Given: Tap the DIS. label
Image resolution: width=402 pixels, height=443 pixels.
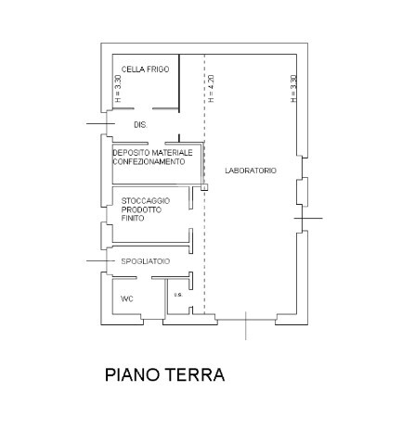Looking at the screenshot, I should [140, 124].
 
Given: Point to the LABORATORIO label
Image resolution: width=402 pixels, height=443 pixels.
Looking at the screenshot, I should [251, 171].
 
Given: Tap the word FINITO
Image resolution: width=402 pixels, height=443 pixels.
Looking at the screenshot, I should [132, 219].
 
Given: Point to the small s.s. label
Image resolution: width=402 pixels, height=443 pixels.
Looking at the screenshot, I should [177, 295].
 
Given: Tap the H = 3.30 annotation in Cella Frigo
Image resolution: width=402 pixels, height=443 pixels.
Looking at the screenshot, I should [118, 87].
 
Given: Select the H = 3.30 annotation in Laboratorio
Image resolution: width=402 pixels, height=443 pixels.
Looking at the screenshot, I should [292, 87].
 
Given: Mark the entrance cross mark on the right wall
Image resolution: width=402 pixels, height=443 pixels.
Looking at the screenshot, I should [307, 218].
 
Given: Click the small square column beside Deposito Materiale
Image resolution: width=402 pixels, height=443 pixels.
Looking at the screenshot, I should [203, 188].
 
